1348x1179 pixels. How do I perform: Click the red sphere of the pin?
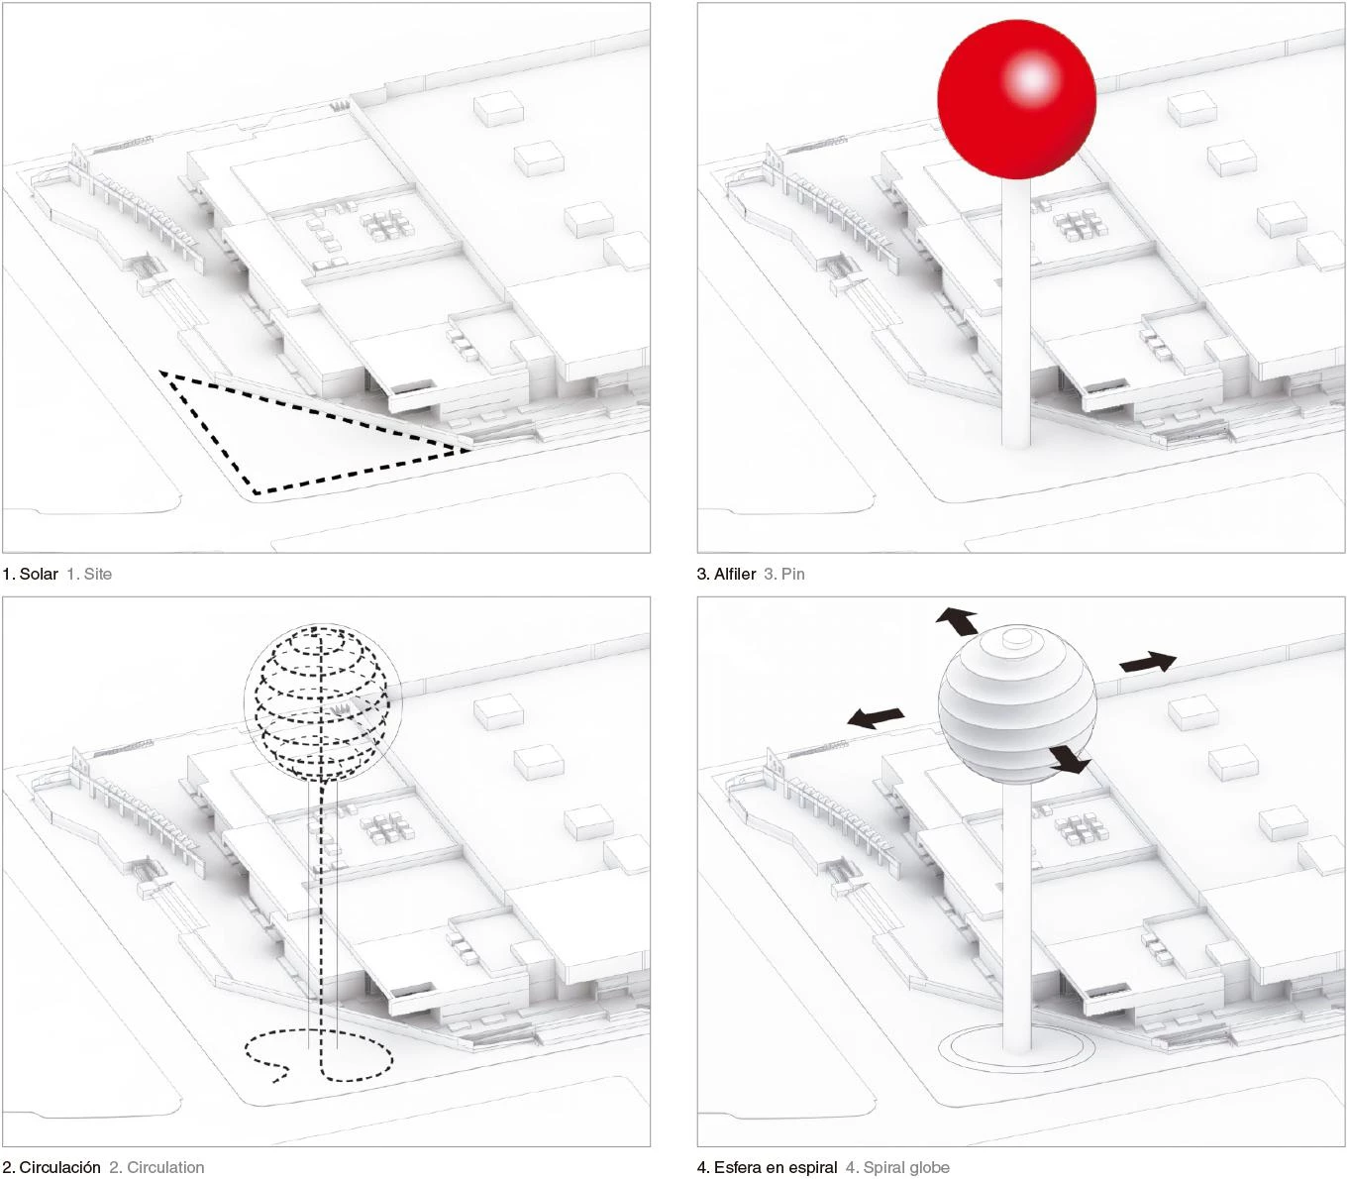tap(1016, 99)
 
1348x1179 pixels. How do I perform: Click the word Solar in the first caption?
tap(39, 574)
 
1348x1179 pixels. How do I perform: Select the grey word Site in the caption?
tap(97, 574)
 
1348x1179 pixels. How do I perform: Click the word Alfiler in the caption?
tap(735, 574)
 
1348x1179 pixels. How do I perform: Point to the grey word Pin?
tap(793, 574)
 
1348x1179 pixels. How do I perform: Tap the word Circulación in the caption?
tap(60, 1167)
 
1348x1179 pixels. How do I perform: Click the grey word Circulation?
tap(165, 1167)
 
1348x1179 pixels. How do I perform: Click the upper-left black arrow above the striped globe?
tap(957, 621)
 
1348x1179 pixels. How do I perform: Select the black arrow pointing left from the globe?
tap(876, 717)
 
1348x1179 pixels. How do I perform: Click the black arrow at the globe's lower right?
tap(1070, 760)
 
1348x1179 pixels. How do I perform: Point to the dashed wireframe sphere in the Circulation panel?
tap(317, 702)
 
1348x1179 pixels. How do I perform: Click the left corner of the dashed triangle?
tap(160, 373)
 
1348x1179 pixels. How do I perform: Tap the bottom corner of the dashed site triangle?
tap(256, 493)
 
